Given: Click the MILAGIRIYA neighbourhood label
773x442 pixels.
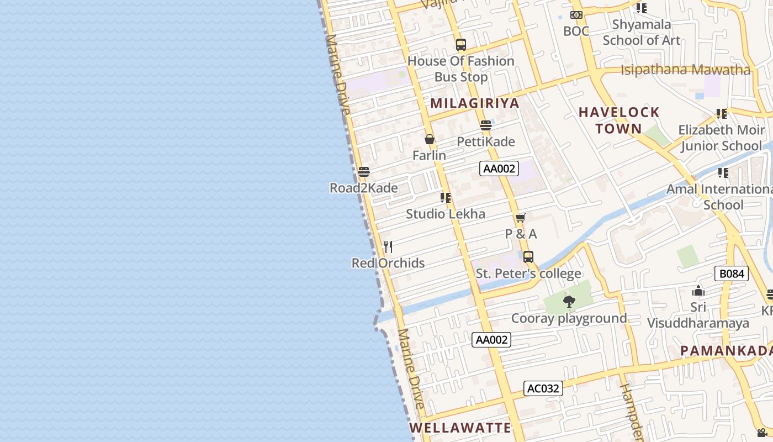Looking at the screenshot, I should (475, 103).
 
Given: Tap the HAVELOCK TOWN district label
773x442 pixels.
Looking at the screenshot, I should (619, 120).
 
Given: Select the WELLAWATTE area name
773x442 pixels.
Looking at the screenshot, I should (460, 428).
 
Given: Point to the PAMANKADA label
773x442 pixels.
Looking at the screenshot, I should (726, 351).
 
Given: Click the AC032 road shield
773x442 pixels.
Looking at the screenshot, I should (543, 388).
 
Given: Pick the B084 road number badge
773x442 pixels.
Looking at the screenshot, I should (731, 273).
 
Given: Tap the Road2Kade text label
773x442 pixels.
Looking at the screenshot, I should (364, 188).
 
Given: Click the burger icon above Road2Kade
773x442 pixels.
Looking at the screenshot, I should (363, 172).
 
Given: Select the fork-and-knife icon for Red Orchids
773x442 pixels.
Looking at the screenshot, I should (388, 246).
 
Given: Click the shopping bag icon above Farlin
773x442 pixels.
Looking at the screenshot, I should (430, 139).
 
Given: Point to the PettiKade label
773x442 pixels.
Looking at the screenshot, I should (486, 141).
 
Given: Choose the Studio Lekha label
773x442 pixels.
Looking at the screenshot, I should (446, 214).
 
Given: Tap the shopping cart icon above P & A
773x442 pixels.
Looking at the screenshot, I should (521, 218).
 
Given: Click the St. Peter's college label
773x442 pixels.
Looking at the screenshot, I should (528, 273).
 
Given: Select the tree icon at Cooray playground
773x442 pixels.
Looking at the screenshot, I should (569, 302).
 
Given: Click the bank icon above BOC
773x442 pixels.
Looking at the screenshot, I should (576, 15).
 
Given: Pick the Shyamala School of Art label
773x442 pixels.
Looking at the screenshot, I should (642, 32).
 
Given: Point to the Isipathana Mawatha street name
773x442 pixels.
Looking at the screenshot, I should (686, 70).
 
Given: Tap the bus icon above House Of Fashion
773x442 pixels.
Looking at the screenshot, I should (461, 45).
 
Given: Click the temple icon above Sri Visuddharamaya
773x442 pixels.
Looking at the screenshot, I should (698, 291).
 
